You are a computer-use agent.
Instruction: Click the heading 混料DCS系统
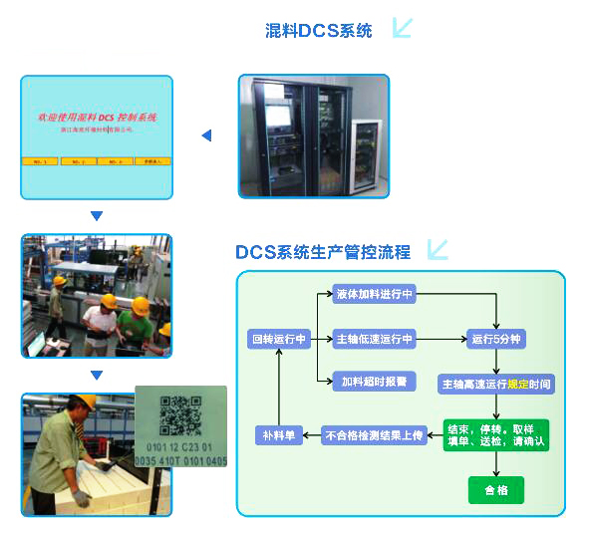318,31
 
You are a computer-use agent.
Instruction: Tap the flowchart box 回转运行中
278,340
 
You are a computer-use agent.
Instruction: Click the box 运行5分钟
496,340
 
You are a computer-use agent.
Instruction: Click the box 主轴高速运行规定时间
496,384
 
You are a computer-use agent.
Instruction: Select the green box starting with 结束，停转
496,434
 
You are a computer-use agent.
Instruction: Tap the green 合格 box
495,490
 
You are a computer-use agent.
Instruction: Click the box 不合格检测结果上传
374,434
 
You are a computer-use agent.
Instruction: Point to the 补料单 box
278,434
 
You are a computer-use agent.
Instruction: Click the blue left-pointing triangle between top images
206,135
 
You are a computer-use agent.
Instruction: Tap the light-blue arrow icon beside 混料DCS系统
402,28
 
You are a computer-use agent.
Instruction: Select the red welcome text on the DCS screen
97,118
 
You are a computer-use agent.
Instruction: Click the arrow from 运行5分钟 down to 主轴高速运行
496,362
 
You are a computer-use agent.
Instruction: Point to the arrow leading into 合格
496,465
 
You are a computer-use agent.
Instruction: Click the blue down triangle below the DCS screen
97,215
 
